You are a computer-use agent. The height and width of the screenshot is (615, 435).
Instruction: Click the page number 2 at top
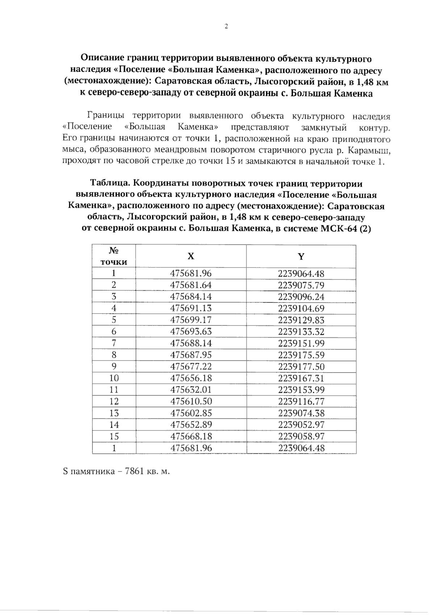point(226,26)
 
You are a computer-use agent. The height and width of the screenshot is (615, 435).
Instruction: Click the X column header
point(191,256)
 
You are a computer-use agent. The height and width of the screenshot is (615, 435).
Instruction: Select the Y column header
point(301,257)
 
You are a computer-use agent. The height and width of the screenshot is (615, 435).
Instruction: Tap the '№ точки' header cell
point(114,256)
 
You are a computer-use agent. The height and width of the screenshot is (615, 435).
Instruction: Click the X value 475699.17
point(191,320)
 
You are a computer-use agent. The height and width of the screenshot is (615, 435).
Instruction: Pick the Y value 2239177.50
point(301,366)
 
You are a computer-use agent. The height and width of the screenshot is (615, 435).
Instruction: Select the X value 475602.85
point(191,413)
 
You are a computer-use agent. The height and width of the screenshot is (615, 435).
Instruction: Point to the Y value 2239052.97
point(301,424)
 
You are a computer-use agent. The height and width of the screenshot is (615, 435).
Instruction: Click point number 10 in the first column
point(114,378)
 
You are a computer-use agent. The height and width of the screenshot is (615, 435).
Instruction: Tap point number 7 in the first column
point(114,343)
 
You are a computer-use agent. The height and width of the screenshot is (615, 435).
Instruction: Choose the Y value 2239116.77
point(301,401)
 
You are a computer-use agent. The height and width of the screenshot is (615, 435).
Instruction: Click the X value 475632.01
point(191,390)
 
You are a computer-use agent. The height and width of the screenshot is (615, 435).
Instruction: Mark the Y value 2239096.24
point(301,297)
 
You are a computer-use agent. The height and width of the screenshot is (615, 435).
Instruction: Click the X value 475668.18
point(191,436)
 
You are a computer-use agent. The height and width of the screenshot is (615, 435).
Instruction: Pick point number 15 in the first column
point(114,436)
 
